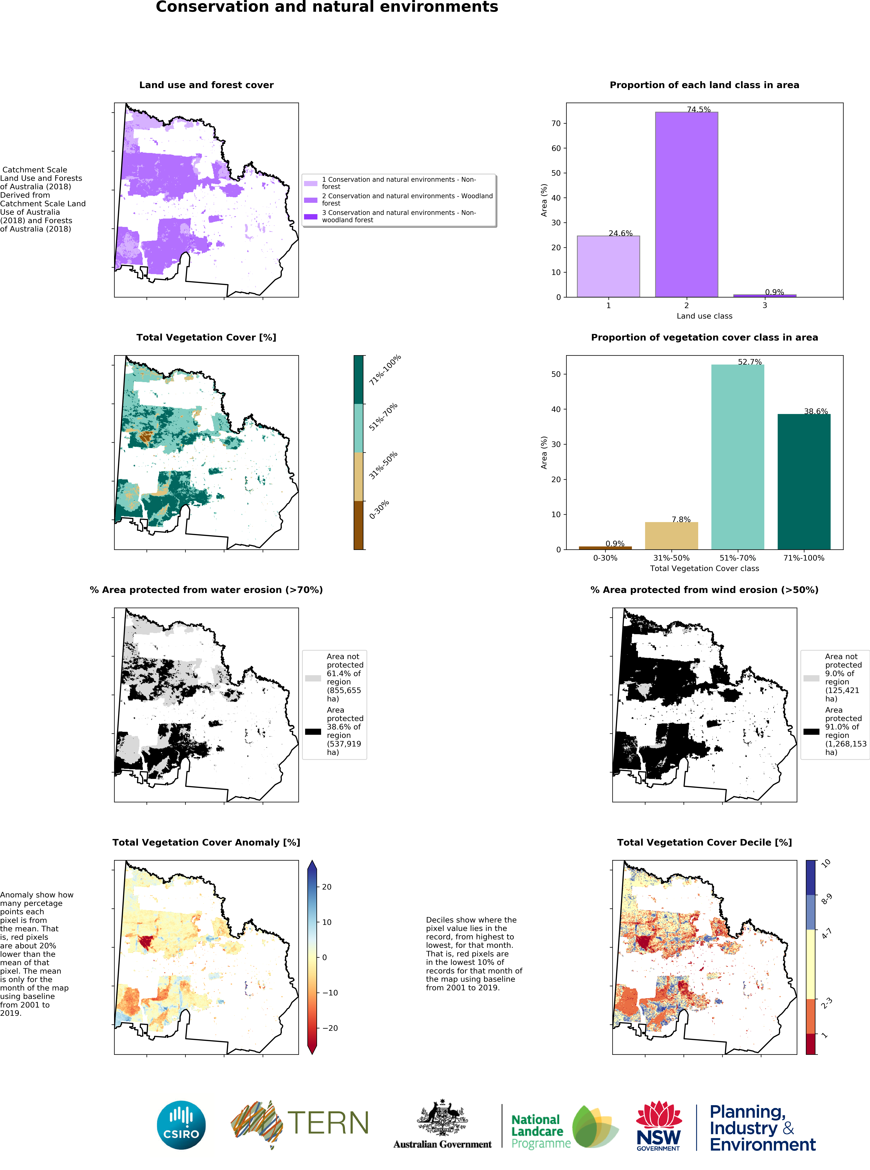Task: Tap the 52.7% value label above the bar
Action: coord(749,362)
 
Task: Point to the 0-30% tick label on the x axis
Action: coord(605,558)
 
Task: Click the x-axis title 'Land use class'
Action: coord(704,316)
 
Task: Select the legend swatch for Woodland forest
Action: coord(311,200)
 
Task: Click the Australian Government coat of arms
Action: coord(442,1117)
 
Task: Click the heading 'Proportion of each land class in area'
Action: coord(704,85)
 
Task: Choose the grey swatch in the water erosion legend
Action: coord(313,678)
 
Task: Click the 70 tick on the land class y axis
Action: coord(556,123)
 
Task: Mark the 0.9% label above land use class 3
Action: coord(774,292)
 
